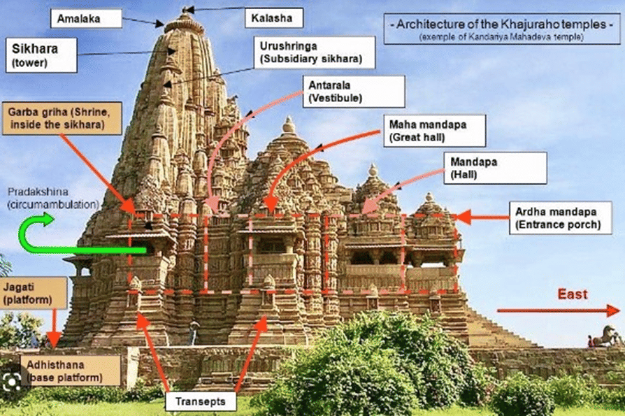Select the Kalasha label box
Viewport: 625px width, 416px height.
(x=268, y=17)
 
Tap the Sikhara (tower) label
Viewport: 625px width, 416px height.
(x=41, y=55)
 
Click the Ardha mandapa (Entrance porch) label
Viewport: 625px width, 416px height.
(x=559, y=218)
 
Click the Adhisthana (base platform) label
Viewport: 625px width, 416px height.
(x=70, y=371)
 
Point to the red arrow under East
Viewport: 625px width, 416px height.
(x=558, y=310)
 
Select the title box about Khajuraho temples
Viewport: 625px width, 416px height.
(x=502, y=29)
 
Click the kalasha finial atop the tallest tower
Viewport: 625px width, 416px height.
(x=185, y=10)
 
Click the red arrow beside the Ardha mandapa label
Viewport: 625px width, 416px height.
(x=482, y=218)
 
